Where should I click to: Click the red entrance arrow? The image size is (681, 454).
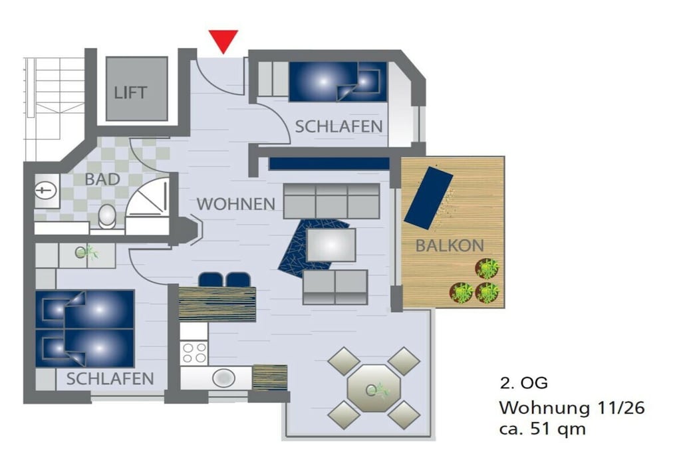pos(223,41)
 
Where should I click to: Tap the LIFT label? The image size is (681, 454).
pos(131,92)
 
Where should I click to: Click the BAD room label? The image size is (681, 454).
pos(102,179)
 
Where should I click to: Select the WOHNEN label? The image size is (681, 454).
pos(236,204)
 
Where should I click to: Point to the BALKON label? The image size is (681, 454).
pos(450,246)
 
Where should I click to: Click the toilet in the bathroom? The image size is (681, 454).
pos(107,216)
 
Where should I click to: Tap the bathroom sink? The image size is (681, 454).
pos(46,190)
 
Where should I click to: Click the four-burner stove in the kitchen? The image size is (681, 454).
pos(194,352)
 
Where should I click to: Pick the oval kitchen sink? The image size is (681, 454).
pos(223,378)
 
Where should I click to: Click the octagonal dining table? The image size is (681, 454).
pos(374,388)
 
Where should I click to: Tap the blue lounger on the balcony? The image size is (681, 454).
pos(428,197)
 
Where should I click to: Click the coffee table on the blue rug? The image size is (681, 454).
pos(331,245)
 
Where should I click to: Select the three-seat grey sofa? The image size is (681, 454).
pos(332,201)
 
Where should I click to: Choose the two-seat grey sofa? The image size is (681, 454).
pos(335,287)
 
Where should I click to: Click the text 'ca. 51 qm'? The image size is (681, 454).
pos(543,429)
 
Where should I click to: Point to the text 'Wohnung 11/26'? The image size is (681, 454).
pos(572,408)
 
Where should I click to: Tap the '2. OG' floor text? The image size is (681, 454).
pos(524,383)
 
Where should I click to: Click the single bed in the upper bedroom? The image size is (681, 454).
pos(338,82)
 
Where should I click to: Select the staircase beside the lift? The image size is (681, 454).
pos(54,108)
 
